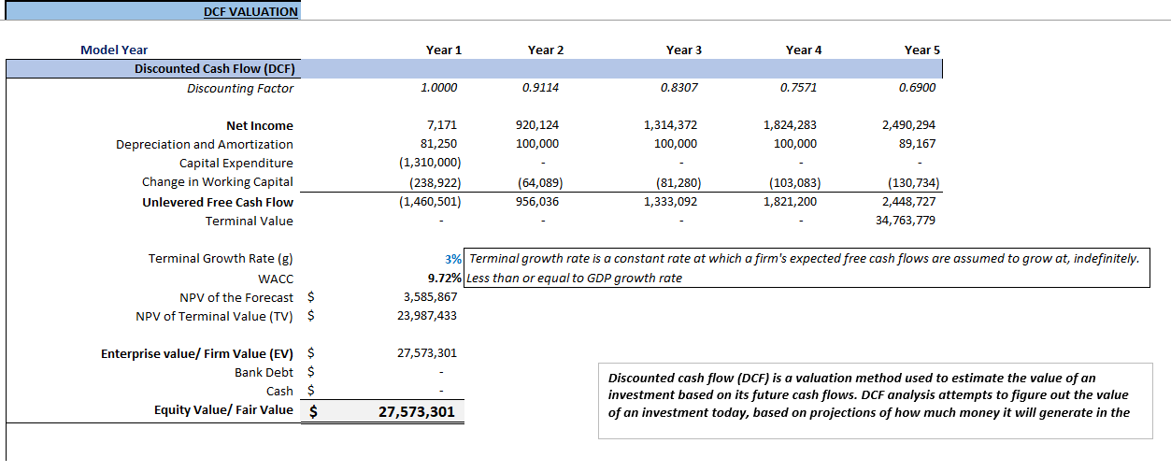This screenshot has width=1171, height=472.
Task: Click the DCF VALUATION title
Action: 250,12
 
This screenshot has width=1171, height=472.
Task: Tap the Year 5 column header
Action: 922,50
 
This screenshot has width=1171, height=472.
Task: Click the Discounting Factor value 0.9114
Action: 541,88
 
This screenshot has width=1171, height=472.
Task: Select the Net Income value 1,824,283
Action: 790,125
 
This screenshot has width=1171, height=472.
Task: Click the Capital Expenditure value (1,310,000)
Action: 430,163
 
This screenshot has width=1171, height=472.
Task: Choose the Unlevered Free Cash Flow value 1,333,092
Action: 670,202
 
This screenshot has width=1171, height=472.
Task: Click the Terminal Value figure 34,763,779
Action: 908,221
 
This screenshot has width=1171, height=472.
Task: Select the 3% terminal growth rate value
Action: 454,259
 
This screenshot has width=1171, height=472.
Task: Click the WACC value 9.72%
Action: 444,279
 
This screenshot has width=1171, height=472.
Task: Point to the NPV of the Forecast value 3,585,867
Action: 427,297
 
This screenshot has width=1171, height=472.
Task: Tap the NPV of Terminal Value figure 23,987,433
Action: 427,316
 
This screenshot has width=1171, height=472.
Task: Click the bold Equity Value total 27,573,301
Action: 417,411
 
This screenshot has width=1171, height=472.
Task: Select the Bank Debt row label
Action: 264,372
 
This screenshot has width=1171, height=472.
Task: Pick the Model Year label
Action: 114,50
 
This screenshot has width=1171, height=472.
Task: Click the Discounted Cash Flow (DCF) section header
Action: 215,68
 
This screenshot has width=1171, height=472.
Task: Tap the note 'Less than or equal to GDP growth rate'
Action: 575,279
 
